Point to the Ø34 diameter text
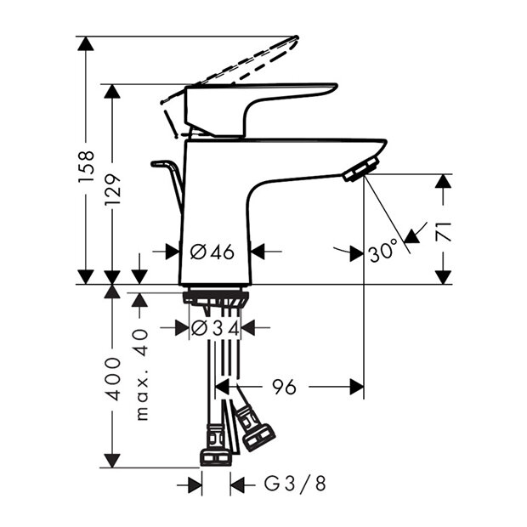coord(213,328)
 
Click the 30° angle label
coord(383,251)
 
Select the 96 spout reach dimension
coord(284,388)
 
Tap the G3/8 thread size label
coord(294,484)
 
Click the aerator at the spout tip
coord(361,169)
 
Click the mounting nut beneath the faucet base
coord(215,297)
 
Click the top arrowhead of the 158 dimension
coord(85,43)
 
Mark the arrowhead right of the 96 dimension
coord(357,388)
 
